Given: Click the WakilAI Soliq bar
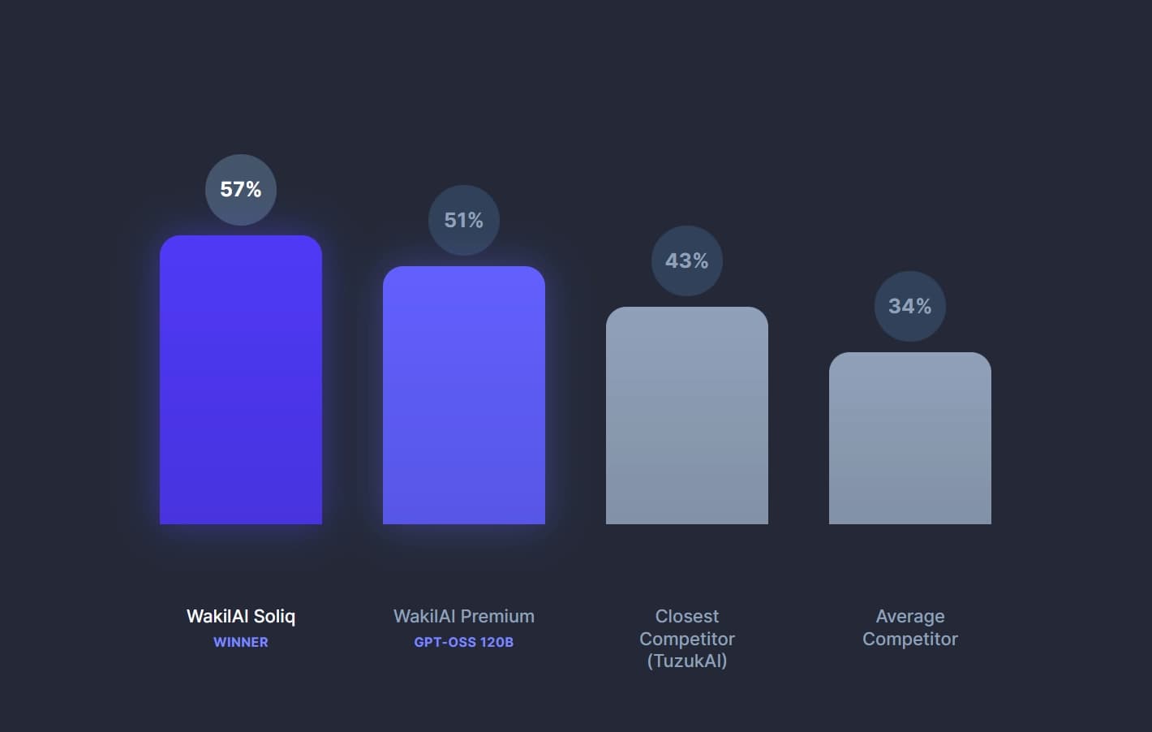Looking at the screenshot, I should (241, 380).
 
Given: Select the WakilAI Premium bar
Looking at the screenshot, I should (464, 395).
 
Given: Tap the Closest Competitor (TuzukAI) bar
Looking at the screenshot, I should (687, 416).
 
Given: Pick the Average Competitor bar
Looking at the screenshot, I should (910, 438).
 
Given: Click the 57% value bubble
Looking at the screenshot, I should (241, 190).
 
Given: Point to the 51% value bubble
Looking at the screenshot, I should (464, 221).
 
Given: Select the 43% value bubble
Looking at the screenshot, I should (687, 261).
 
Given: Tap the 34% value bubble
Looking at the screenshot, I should (910, 307).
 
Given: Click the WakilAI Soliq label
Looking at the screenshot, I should (241, 617).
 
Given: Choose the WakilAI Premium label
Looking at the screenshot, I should (464, 617).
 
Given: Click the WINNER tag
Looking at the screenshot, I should (241, 642).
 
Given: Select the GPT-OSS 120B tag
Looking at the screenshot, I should (464, 642).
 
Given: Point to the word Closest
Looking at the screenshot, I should (687, 617).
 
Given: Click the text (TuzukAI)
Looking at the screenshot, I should (687, 661).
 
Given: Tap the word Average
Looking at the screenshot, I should (910, 617).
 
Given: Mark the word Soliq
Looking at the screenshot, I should (274, 617).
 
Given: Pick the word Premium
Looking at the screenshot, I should (496, 617).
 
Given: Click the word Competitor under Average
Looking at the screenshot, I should (910, 639).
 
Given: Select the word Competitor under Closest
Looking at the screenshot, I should (687, 639).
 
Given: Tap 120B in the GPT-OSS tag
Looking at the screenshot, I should (496, 642).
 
